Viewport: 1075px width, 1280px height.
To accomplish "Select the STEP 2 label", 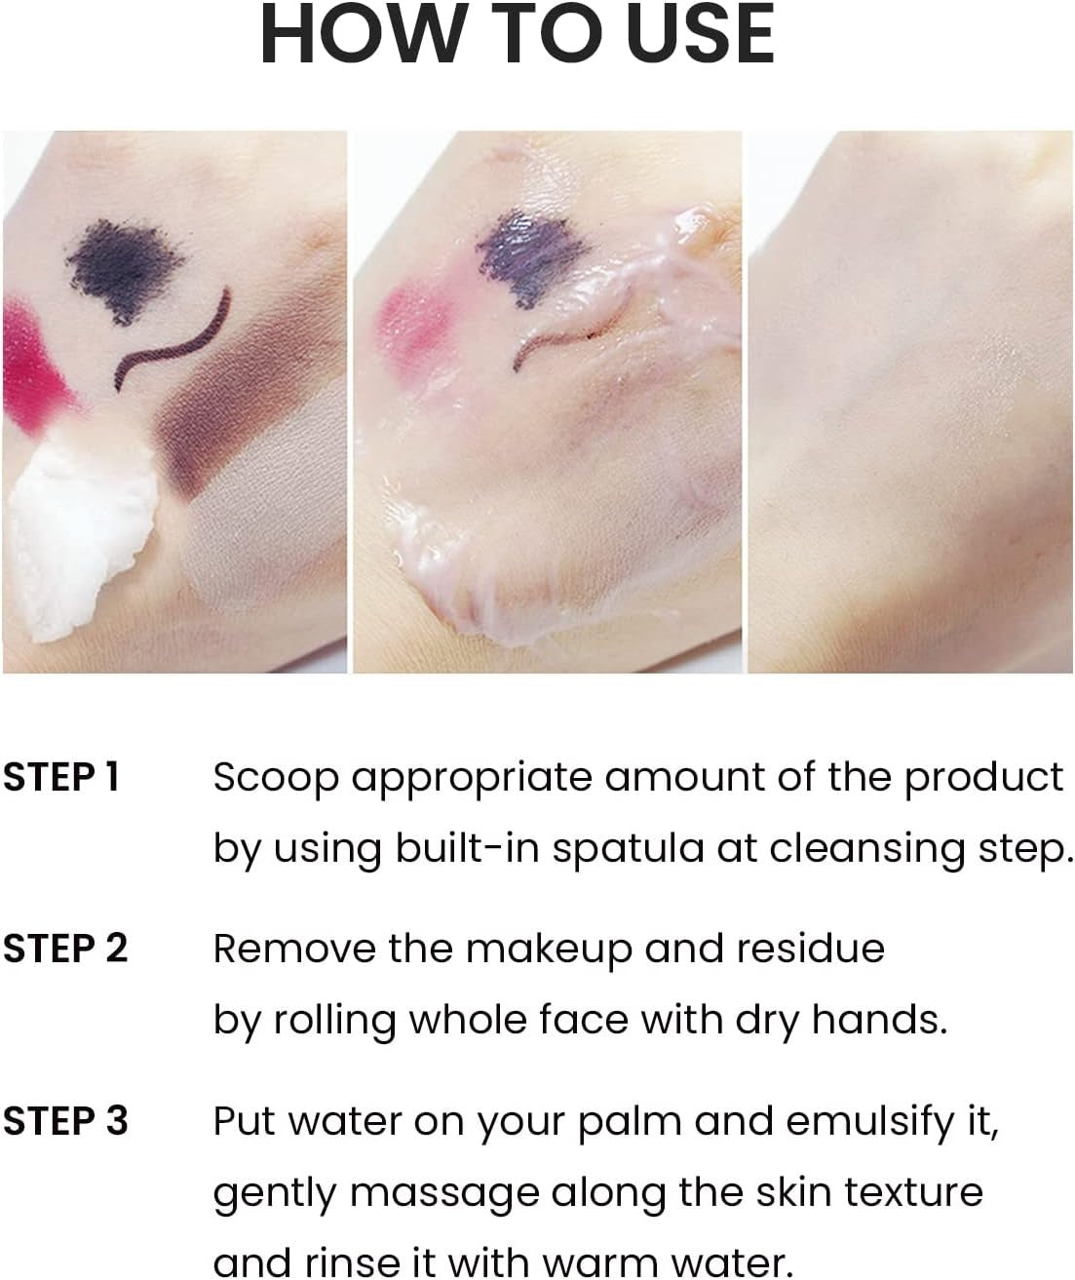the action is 65,949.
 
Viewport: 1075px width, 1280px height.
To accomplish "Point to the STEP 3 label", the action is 65,1121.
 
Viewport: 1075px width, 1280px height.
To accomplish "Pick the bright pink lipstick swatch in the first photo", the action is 35,368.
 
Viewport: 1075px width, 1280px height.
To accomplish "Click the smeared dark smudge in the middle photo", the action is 533,257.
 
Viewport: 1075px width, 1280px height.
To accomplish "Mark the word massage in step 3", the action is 445,1195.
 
